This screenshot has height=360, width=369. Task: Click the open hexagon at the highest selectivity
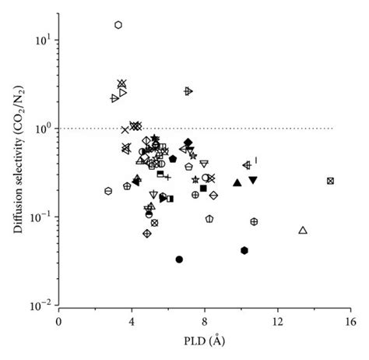pyautogui.click(x=118, y=25)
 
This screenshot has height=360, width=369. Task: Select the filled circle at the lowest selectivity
pyautogui.click(x=180, y=259)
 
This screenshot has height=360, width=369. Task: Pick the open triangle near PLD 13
pyautogui.click(x=303, y=230)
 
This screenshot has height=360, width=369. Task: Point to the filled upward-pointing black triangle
pyautogui.click(x=237, y=182)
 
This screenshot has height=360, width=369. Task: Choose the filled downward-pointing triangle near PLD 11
pyautogui.click(x=253, y=180)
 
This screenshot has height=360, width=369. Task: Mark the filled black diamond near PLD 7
pyautogui.click(x=188, y=142)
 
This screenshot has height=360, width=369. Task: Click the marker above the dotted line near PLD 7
pyautogui.click(x=188, y=91)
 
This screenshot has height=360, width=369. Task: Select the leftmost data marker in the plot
pyautogui.click(x=108, y=191)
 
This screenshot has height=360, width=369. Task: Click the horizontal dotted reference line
pyautogui.click(x=234, y=128)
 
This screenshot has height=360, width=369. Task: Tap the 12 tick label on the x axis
pyautogui.click(x=277, y=321)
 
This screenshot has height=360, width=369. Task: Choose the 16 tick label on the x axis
pyautogui.click(x=350, y=321)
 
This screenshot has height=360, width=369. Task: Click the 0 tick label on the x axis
pyautogui.click(x=59, y=321)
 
